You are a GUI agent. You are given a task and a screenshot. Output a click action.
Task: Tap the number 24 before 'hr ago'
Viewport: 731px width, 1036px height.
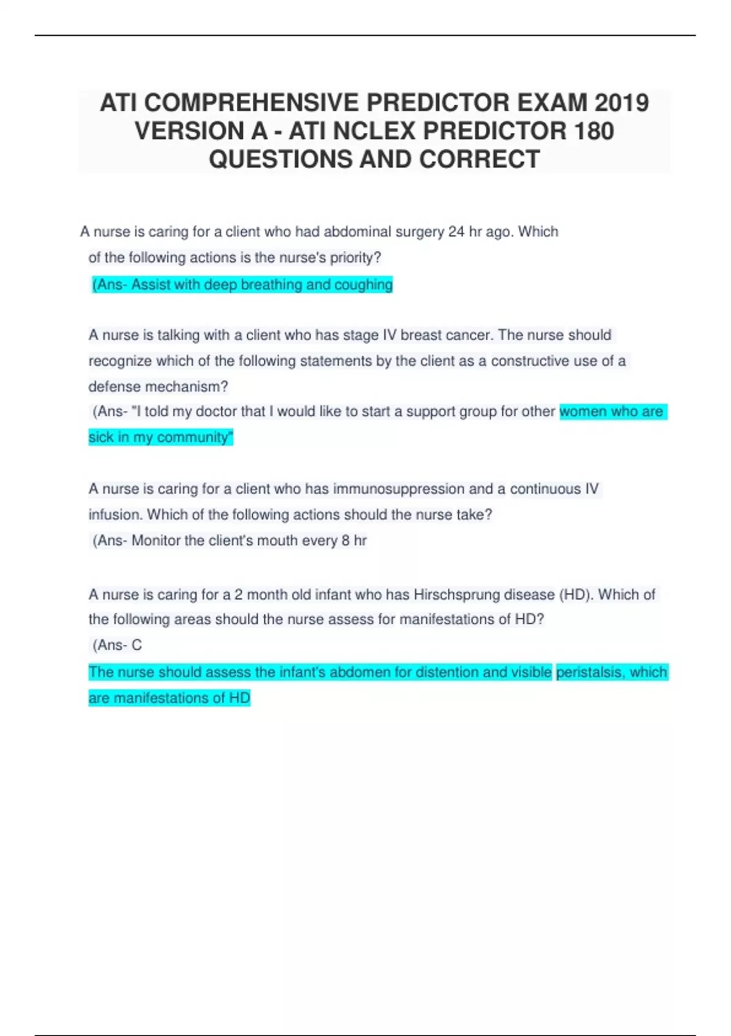click(x=456, y=232)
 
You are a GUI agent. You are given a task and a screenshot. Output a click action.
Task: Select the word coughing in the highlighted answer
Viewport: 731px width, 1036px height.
click(x=364, y=285)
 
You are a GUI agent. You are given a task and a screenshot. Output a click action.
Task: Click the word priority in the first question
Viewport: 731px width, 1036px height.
click(x=353, y=258)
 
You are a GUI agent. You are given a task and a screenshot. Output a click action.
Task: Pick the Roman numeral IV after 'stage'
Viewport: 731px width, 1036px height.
click(x=389, y=335)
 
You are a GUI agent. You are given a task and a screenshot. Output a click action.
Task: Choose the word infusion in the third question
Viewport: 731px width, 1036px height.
click(x=115, y=515)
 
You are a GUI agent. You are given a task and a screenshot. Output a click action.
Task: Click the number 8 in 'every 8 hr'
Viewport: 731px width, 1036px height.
click(x=345, y=541)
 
